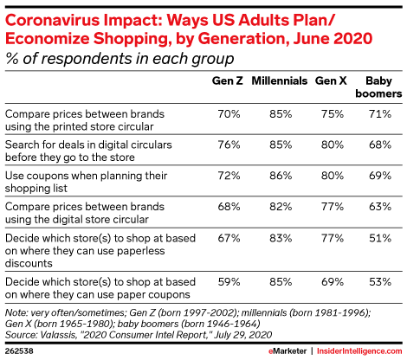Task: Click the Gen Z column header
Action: coord(228,80)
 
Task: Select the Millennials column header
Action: coord(280,80)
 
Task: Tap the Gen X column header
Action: coord(331,80)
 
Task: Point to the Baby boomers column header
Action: coord(378,87)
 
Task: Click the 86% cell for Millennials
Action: coord(281,176)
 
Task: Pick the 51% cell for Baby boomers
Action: coord(380,238)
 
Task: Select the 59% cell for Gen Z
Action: coord(229,281)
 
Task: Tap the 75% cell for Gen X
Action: coord(333,114)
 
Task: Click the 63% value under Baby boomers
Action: coord(380,207)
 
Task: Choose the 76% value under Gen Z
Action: coord(229,145)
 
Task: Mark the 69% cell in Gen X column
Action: coord(333,281)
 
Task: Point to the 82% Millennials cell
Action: coord(281,207)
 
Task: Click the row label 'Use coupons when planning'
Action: coord(86,182)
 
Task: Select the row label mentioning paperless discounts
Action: coord(100,251)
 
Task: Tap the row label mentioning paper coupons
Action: coord(100,288)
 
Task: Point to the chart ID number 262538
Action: coord(19,351)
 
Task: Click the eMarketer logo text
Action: coord(287,351)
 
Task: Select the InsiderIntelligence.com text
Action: coord(359,351)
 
